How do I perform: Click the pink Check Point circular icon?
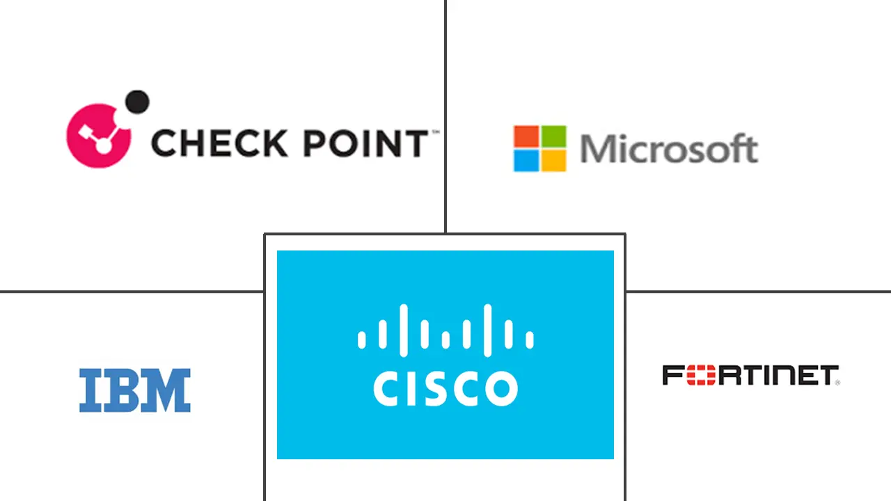(98, 136)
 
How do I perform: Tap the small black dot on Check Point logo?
(137, 102)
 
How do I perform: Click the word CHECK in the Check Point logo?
(207, 143)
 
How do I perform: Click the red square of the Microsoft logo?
(526, 136)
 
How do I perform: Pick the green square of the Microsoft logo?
(553, 136)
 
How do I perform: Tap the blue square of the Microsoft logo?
(526, 161)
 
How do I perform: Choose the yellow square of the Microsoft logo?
(553, 161)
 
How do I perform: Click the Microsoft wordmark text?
(668, 149)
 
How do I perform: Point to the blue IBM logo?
(134, 390)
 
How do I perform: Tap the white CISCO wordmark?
(445, 389)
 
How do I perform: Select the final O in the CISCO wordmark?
(500, 389)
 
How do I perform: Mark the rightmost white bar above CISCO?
(530, 339)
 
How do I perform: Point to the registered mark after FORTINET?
(837, 382)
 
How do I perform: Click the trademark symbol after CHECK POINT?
(435, 132)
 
